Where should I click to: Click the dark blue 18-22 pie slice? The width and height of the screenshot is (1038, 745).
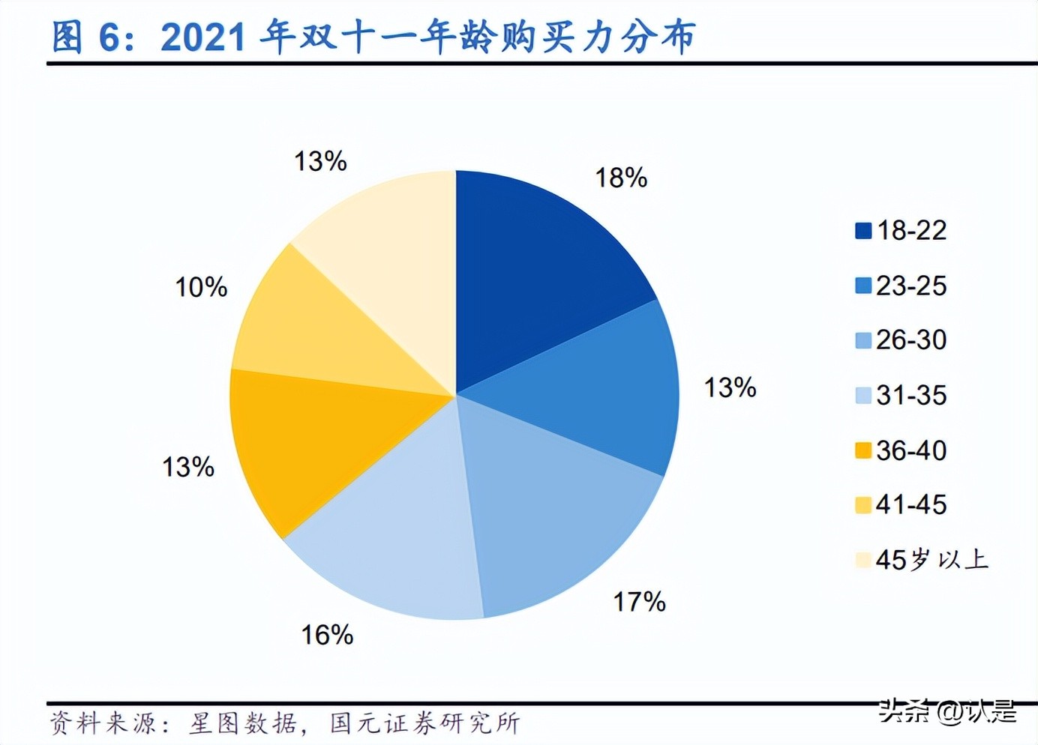[540, 277]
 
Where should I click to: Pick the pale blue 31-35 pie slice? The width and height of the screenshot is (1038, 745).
[390, 540]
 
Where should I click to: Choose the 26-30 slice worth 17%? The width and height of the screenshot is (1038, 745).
[555, 510]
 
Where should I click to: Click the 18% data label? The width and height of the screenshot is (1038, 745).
[621, 178]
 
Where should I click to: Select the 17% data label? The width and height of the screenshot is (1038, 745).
[639, 602]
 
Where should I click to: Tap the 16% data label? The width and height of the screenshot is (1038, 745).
[327, 636]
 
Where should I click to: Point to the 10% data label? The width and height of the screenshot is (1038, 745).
[201, 287]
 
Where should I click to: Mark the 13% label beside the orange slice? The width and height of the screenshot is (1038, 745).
[188, 467]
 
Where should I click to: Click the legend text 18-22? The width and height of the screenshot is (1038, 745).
[911, 231]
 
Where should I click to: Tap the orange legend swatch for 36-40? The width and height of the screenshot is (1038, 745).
[863, 450]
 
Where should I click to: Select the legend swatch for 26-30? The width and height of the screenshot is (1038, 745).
[863, 340]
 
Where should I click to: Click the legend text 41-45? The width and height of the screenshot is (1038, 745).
[911, 505]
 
